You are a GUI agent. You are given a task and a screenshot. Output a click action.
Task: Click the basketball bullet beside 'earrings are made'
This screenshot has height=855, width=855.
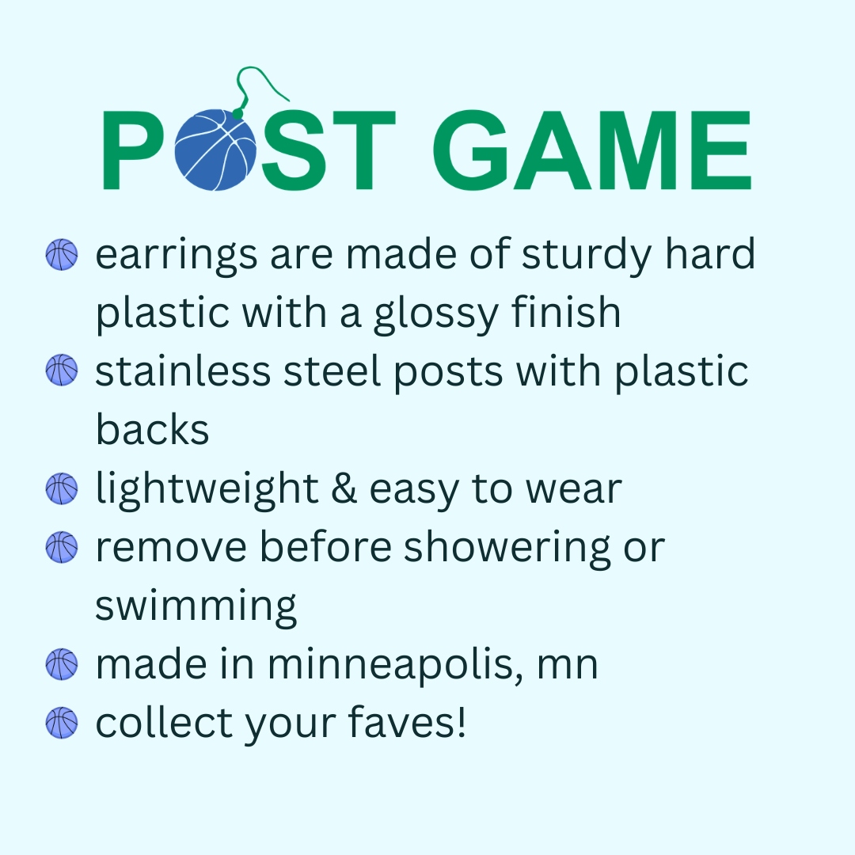pos(62,256)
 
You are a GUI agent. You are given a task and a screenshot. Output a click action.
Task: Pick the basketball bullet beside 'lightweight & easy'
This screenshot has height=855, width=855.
pos(62,488)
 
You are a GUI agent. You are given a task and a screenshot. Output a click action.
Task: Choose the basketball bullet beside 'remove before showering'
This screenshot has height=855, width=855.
pos(62,547)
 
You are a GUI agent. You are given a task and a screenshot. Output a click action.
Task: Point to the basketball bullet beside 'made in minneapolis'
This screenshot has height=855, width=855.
pos(62,664)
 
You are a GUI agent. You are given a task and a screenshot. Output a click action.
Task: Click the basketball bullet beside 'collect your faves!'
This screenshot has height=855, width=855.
pos(62,723)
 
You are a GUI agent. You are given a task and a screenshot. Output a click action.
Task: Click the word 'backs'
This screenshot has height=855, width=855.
pos(152,430)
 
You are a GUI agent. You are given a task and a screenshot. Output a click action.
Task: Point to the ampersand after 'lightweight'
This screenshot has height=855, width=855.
pos(339,489)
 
